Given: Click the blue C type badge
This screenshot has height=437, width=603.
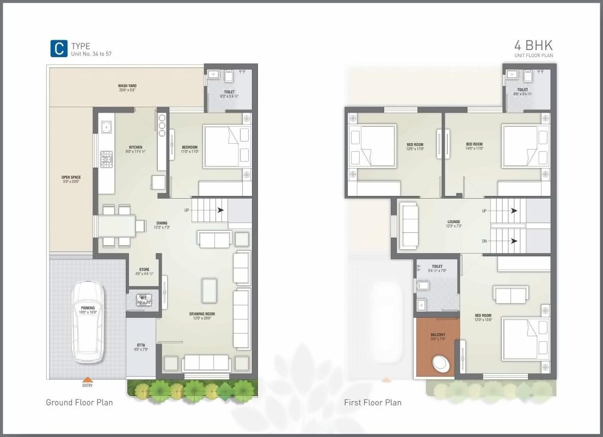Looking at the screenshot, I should (x=59, y=48).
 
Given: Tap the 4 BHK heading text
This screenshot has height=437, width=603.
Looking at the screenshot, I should (x=533, y=45).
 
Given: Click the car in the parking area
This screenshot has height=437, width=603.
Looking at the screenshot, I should (x=88, y=321).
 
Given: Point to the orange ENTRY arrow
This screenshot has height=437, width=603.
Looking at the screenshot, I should (x=88, y=380).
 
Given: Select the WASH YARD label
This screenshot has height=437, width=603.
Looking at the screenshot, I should (x=127, y=86).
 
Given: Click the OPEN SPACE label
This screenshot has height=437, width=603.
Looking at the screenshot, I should (x=71, y=177).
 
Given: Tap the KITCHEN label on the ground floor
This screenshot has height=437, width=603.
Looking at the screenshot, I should (x=136, y=147).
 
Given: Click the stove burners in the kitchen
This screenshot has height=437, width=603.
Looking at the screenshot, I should (x=106, y=159).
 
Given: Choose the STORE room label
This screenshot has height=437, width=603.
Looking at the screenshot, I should (x=144, y=269).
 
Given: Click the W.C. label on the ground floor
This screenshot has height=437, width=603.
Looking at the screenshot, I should (x=144, y=298).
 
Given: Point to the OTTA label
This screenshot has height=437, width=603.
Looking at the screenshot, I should (x=140, y=345).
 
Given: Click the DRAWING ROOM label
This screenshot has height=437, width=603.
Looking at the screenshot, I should (x=202, y=314).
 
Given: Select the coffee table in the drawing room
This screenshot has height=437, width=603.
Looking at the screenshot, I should (x=209, y=290).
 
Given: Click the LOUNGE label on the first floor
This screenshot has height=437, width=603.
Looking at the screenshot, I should (x=453, y=222).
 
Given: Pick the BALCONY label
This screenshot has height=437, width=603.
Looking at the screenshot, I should (x=438, y=335).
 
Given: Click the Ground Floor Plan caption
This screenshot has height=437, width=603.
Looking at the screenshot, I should (x=79, y=403).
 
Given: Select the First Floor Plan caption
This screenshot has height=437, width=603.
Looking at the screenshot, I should (x=372, y=403).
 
